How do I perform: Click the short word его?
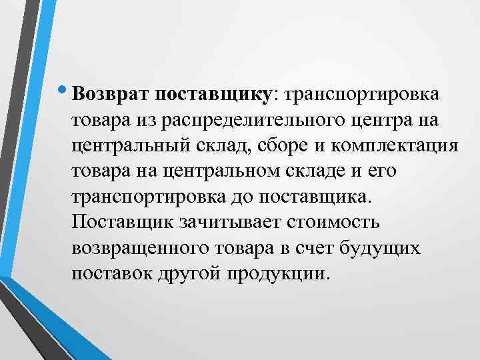[x=382, y=171]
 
